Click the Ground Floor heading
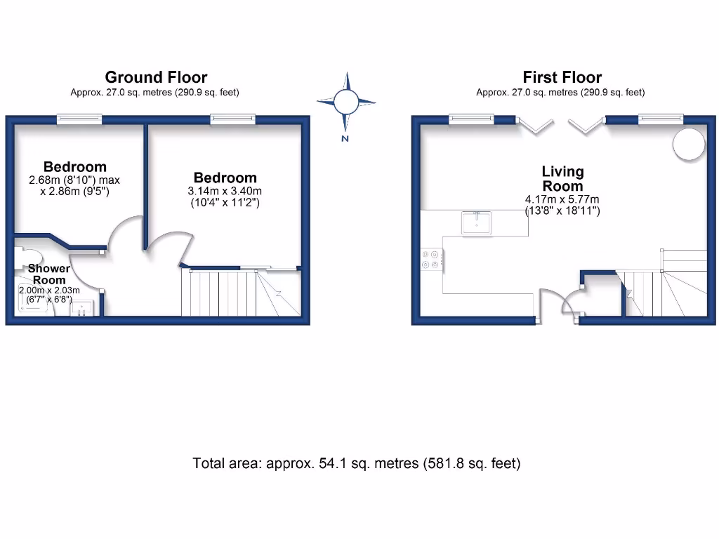[156, 77]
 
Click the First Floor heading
[562, 77]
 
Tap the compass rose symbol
[345, 102]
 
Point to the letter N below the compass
[345, 138]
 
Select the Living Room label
[562, 178]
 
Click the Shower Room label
[48, 274]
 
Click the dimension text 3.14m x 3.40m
[225, 191]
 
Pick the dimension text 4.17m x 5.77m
[562, 199]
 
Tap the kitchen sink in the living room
[477, 222]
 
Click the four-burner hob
[430, 260]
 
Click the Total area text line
[357, 463]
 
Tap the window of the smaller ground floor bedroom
[79, 119]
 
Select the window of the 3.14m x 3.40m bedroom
[232, 119]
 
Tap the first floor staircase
[664, 284]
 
